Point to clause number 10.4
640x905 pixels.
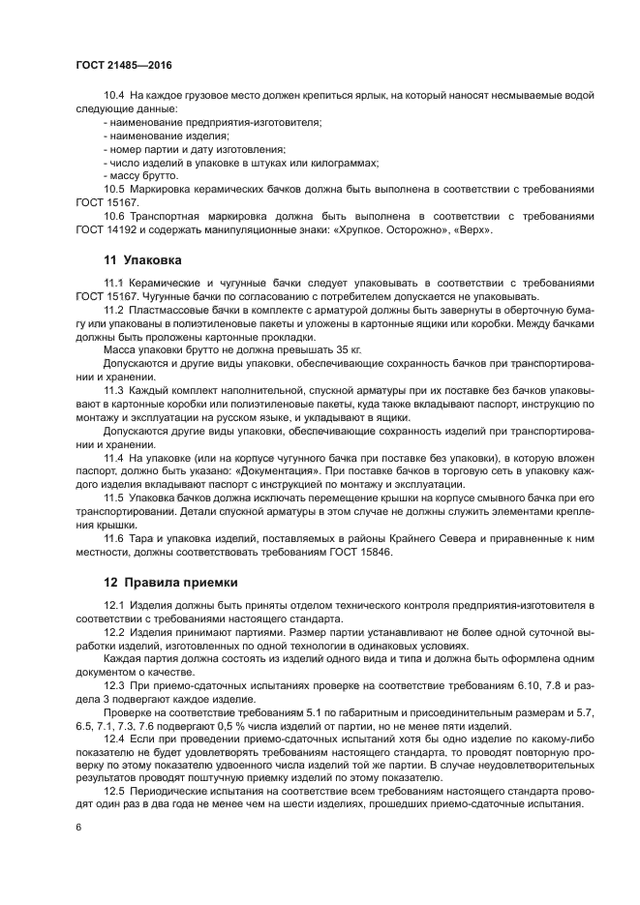[114, 95]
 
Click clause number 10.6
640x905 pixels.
[114, 216]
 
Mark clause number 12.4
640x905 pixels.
[114, 739]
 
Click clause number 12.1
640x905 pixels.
[114, 605]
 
